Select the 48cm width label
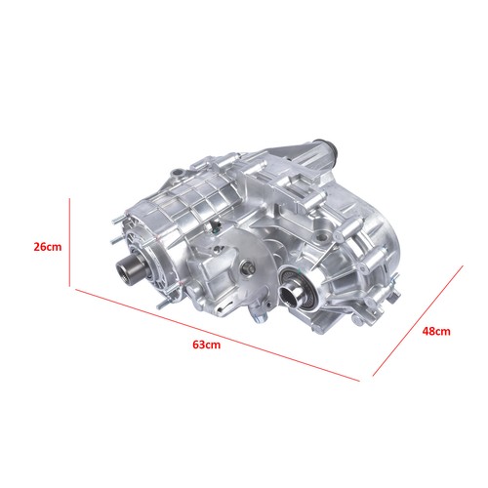[436, 332]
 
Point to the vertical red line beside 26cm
[70, 244]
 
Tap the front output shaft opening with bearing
[294, 290]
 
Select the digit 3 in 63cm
[199, 344]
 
